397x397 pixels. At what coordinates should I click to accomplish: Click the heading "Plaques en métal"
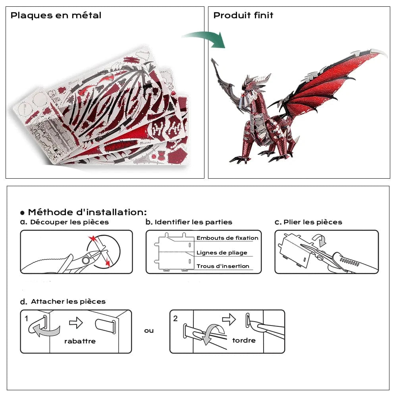pos(56,15)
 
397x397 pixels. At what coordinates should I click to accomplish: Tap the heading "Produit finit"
pos(243,15)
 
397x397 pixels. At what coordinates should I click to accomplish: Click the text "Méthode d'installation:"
pos(87,212)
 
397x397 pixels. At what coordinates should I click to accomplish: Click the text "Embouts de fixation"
pos(227,238)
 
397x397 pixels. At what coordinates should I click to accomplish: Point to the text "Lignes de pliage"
pos(222,252)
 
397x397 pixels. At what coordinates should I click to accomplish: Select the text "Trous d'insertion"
pos(223,266)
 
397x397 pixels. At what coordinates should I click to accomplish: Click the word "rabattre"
pos(80,341)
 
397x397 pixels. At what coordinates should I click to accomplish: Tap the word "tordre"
pos(244,340)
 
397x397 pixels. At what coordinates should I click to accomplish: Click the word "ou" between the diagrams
pos(149,331)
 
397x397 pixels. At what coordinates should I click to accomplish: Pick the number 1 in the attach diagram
pos(26,318)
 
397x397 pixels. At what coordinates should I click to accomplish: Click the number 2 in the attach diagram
pos(176,318)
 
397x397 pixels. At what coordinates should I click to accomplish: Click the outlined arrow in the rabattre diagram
pos(76,323)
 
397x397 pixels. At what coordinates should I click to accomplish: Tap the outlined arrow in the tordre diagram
pos(229,319)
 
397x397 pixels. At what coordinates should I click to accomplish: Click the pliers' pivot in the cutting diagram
pos(86,260)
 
